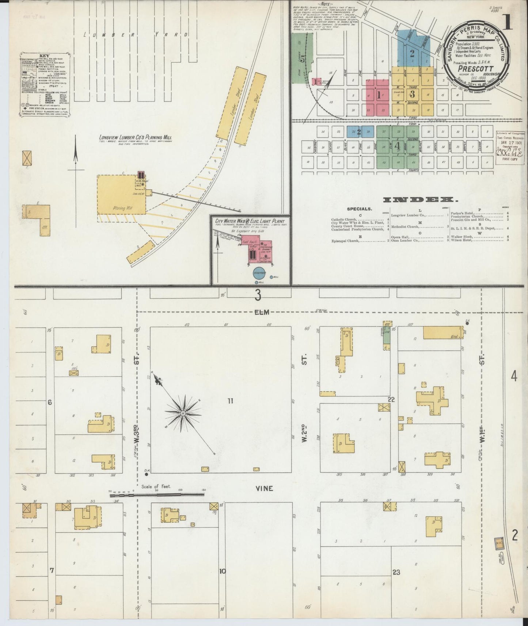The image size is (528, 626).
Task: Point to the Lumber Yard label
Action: (136, 35)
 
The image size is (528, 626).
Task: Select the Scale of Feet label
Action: (156, 487)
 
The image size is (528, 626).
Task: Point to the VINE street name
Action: (265, 488)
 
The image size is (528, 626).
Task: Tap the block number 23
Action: (396, 572)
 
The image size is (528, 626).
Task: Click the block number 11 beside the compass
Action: (230, 401)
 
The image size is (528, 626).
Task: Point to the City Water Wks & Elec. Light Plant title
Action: (250, 221)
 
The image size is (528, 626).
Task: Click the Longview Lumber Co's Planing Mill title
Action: (135, 138)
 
